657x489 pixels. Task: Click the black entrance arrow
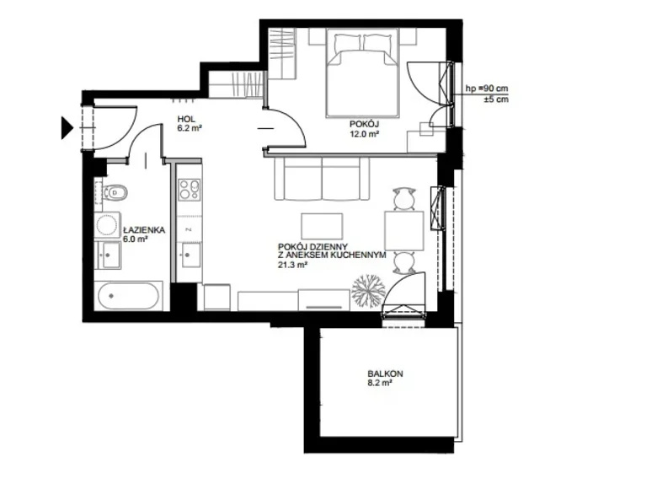click(x=67, y=127)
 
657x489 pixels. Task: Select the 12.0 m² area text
click(x=365, y=134)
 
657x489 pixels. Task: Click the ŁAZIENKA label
click(x=144, y=230)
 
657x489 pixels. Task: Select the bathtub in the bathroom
click(x=129, y=296)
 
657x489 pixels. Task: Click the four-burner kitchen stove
click(x=190, y=189)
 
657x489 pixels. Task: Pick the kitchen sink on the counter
click(x=190, y=255)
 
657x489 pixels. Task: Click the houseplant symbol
click(x=368, y=292)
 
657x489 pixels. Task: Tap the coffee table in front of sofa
click(x=322, y=227)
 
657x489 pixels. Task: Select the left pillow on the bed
click(x=347, y=43)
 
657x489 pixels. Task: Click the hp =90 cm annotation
click(x=487, y=89)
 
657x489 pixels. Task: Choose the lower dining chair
click(x=404, y=263)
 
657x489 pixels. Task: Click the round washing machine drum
click(x=107, y=225)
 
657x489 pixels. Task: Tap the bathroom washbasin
click(x=109, y=255)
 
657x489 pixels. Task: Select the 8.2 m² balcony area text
click(x=380, y=383)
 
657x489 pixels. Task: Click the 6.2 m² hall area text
click(x=190, y=128)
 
